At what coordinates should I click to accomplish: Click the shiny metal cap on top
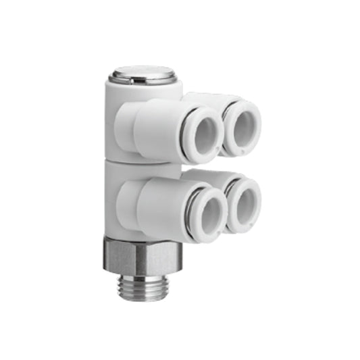tap(143, 72)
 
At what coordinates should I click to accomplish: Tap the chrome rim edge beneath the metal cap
tap(143, 81)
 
